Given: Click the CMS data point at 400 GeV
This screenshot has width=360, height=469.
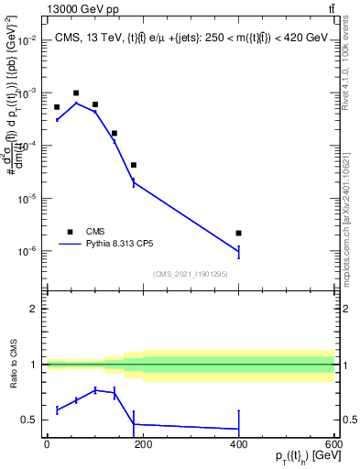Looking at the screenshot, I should (x=238, y=234).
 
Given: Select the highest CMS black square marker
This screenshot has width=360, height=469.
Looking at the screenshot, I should (x=76, y=93).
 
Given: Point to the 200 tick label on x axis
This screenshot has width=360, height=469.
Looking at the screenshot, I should (x=142, y=444).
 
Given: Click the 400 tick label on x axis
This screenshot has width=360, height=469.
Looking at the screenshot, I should (x=238, y=444).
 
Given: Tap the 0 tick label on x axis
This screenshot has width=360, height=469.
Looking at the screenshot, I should (x=47, y=444).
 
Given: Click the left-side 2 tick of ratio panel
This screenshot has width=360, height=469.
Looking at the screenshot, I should (x=36, y=309).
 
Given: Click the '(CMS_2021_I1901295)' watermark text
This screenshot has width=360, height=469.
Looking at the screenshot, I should (x=191, y=274).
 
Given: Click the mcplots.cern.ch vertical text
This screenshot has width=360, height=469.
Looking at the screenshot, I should (x=352, y=211).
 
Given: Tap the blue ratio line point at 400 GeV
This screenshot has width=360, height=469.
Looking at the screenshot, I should (x=238, y=429).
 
